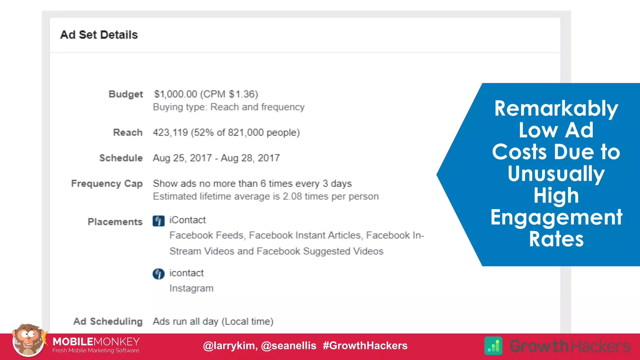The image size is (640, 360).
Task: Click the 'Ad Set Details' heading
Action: (x=99, y=35)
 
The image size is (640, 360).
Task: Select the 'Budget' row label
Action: (x=126, y=94)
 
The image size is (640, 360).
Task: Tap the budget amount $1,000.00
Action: (x=176, y=94)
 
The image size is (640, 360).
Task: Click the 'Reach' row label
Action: (x=127, y=132)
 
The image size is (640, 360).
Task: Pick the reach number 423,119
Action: (x=170, y=132)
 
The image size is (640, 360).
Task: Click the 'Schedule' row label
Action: (x=121, y=158)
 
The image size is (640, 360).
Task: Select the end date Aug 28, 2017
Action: (x=250, y=158)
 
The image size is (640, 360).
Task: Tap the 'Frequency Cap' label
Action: (x=107, y=184)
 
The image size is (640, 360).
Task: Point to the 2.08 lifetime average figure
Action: (x=292, y=197)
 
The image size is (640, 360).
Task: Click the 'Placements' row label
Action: (x=115, y=222)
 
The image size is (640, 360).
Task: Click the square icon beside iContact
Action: (x=158, y=221)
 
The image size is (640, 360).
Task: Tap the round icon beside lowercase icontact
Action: (x=158, y=274)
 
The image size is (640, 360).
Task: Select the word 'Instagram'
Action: (x=191, y=288)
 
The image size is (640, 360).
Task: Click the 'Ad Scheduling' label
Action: (x=108, y=322)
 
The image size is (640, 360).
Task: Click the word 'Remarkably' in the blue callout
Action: (x=556, y=108)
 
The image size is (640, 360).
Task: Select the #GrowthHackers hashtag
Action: (x=365, y=346)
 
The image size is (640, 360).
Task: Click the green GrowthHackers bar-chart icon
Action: (x=493, y=346)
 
